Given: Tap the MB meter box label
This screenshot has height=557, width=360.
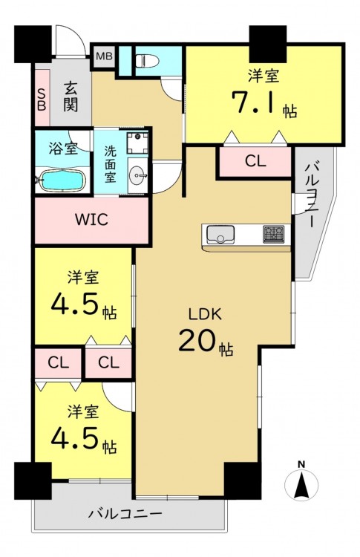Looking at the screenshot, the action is pyautogui.click(x=105, y=56).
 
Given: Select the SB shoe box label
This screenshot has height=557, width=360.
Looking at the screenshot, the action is pyautogui.click(x=42, y=100).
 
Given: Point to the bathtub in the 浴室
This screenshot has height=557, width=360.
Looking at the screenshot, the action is pyautogui.click(x=62, y=180).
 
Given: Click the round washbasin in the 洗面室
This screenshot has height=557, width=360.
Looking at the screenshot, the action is pyautogui.click(x=138, y=175).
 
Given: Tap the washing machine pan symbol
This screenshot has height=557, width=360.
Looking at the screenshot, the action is pyautogui.click(x=138, y=143).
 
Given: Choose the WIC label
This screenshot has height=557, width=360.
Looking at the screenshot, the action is pyautogui.click(x=91, y=220).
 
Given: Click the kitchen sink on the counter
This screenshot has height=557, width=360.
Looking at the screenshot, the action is pyautogui.click(x=220, y=235).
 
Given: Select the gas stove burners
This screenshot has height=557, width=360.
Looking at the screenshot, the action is pyautogui.click(x=274, y=235).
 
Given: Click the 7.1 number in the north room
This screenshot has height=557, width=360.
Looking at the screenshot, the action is pyautogui.click(x=254, y=102).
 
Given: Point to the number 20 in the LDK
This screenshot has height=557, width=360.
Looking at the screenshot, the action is pyautogui.click(x=197, y=339).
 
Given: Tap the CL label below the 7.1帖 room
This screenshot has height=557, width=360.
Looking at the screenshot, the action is pyautogui.click(x=255, y=162).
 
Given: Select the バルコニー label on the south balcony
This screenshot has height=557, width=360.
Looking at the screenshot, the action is pyautogui.click(x=125, y=514).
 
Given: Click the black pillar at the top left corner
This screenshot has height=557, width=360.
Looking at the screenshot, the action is pyautogui.click(x=33, y=44).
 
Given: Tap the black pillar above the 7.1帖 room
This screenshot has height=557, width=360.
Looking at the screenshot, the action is pyautogui.click(x=268, y=44).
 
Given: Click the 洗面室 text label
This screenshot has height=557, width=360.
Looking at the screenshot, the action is pyautogui.click(x=110, y=164).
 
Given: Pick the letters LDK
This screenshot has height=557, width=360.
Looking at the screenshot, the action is pyautogui.click(x=205, y=314).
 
